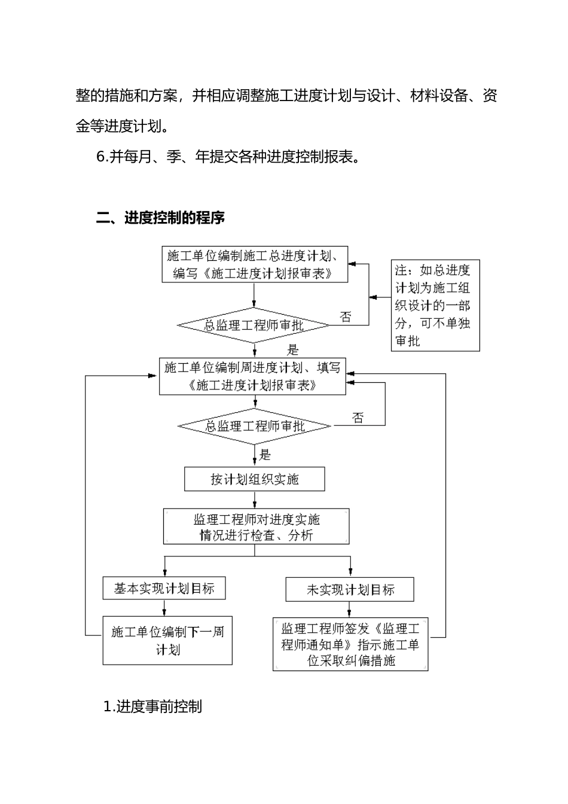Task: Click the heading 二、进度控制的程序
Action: tap(160, 218)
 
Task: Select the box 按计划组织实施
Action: tap(255, 479)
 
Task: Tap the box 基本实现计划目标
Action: tap(164, 588)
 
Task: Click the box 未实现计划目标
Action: tap(350, 589)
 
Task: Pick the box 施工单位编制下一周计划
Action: tap(167, 640)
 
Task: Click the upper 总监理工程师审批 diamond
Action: tap(254, 325)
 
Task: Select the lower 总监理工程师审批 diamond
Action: tap(255, 426)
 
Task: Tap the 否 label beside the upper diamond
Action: tap(346, 316)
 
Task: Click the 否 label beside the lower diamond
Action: tap(358, 418)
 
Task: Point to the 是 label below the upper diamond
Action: tap(292, 350)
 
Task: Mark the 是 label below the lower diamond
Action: tap(264, 455)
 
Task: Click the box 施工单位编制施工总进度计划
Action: tap(255, 264)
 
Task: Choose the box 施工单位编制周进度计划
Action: tap(252, 376)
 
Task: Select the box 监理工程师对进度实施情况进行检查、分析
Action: tap(256, 526)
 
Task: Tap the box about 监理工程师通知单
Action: tap(350, 644)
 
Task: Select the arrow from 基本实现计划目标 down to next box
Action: tap(164, 608)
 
